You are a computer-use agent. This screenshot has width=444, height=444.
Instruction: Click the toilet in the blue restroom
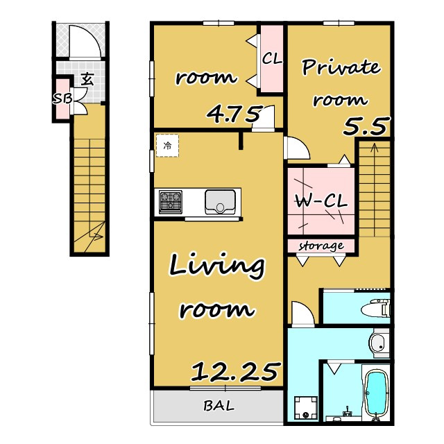(x=375, y=309)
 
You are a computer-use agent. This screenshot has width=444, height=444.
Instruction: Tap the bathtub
(x=376, y=394)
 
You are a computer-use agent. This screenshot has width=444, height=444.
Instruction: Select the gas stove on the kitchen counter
(x=171, y=202)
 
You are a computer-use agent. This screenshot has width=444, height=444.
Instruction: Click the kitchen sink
(x=220, y=202)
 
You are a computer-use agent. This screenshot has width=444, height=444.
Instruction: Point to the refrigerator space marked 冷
(x=167, y=146)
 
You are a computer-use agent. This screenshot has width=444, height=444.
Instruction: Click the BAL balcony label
(x=219, y=406)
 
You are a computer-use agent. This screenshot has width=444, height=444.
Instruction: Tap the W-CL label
(x=321, y=202)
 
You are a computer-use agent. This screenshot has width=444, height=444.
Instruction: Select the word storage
(x=321, y=246)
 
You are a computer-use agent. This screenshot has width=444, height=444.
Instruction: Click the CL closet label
(x=272, y=58)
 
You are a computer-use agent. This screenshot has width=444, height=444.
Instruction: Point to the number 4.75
(x=234, y=114)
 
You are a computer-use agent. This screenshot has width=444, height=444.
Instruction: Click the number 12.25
(x=234, y=372)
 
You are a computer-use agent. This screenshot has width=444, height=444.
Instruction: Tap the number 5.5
(x=365, y=126)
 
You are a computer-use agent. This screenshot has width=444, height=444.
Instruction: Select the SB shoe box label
(x=63, y=99)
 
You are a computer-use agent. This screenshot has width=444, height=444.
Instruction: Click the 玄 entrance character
(x=87, y=79)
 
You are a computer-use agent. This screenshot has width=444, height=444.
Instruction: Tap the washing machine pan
(x=306, y=408)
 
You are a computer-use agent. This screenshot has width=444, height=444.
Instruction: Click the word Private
(x=341, y=67)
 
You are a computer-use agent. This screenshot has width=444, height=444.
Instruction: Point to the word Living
(x=217, y=266)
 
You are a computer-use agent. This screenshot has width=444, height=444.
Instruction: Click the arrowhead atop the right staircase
(x=375, y=146)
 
